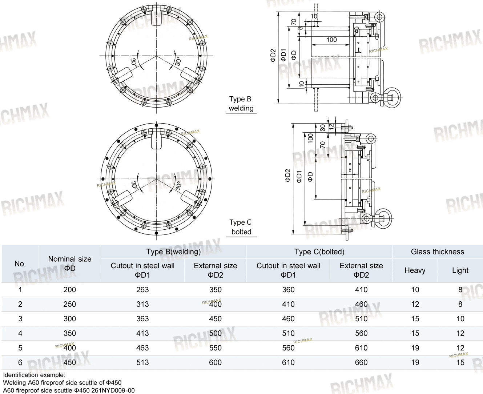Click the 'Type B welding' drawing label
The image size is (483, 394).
click(241, 104)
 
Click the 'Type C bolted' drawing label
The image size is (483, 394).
click(241, 227)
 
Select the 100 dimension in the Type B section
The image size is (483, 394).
click(331, 40)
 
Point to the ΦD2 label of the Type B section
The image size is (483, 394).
click(273, 56)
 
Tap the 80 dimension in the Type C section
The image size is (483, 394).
click(322, 128)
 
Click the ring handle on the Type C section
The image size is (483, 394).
click(383, 218)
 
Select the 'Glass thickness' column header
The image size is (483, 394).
click(438, 252)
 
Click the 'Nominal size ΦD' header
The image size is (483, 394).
click(70, 264)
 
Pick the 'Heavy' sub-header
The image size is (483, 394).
click(415, 270)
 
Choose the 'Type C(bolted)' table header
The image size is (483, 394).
click(319, 252)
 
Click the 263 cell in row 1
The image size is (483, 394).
click(142, 290)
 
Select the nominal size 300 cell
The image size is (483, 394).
click(70, 319)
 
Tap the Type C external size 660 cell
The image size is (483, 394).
click(361, 362)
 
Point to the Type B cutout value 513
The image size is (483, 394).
click(142, 362)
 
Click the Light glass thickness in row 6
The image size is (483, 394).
click(460, 362)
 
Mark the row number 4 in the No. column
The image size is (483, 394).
click(20, 333)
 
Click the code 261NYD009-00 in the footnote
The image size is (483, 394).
click(113, 390)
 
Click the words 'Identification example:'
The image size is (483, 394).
click(34, 375)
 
